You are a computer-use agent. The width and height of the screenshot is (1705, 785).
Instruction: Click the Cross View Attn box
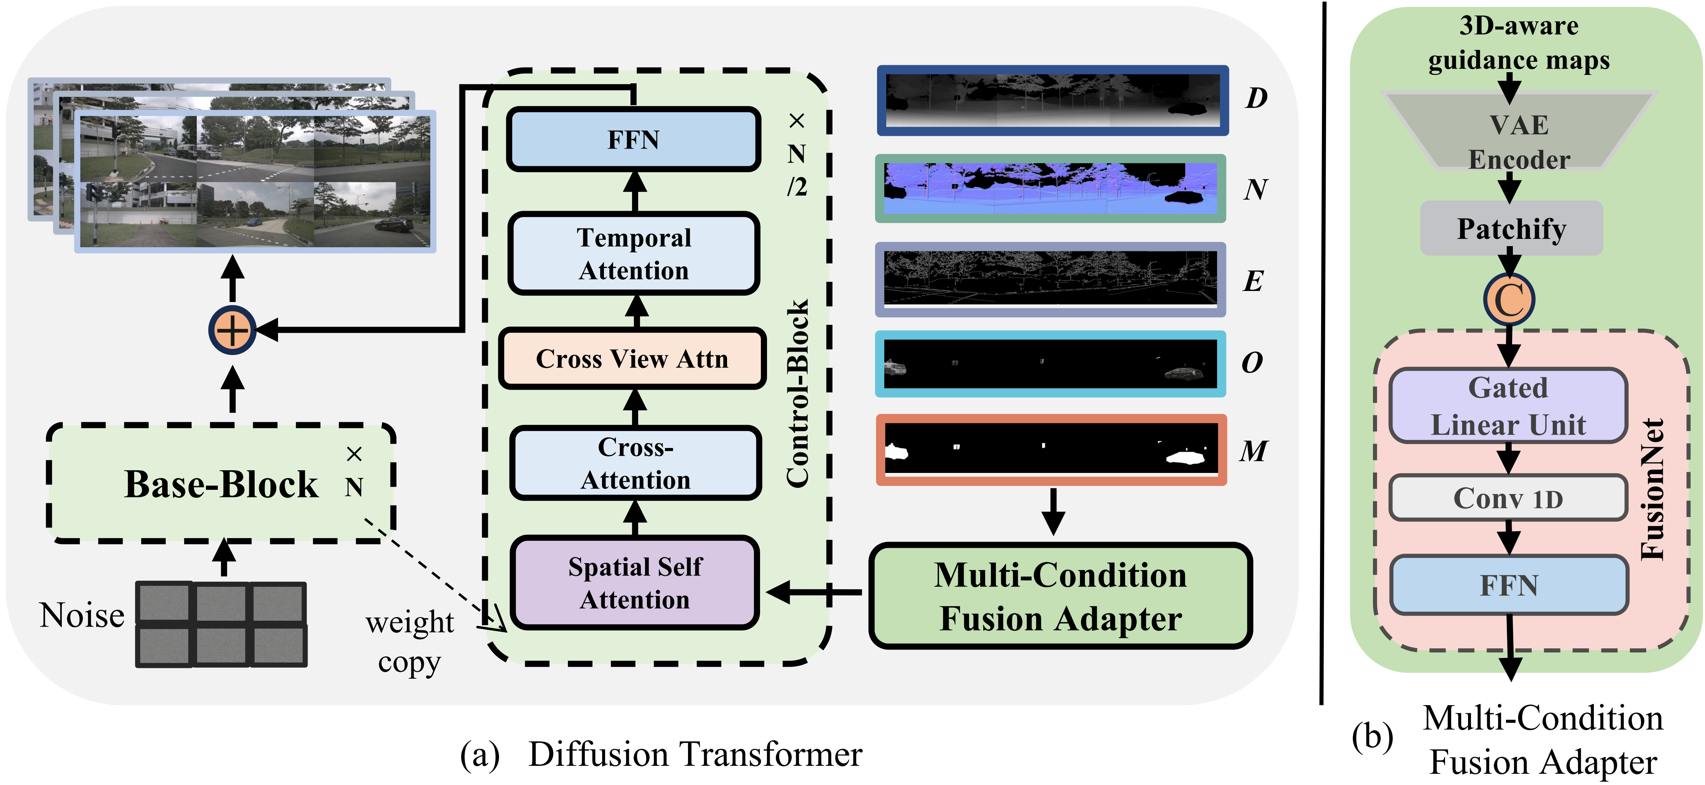[x=632, y=359]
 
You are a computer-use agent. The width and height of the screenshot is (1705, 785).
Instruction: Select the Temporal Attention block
[x=634, y=254]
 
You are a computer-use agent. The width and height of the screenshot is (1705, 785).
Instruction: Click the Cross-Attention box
[x=635, y=463]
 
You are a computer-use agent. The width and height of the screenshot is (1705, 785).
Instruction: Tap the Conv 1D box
[x=1508, y=498]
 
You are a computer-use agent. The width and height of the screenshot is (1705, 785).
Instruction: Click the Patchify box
[x=1511, y=228]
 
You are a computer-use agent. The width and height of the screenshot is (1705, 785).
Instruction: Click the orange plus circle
[x=232, y=330]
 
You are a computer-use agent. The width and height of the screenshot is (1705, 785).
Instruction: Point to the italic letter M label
[x=1253, y=451]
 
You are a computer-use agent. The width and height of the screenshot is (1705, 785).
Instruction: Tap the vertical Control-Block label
[x=798, y=394]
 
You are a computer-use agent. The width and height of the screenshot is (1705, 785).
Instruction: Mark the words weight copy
[x=410, y=641]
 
